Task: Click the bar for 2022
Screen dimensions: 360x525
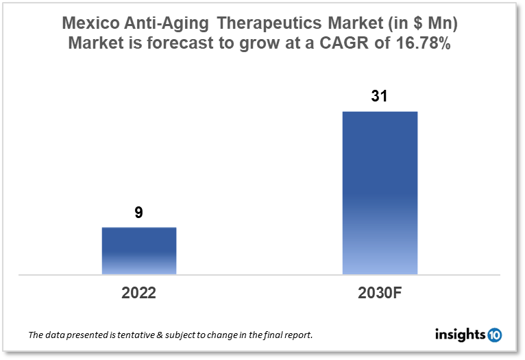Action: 139,250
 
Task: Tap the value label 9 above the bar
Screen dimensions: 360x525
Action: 138,213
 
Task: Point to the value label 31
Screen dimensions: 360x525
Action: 380,97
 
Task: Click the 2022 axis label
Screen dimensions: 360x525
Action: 139,293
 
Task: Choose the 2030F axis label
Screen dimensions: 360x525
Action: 380,293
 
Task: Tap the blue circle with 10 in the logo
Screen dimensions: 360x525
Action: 494,335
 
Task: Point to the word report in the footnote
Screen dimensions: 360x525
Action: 298,336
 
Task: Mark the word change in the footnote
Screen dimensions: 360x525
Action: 228,336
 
